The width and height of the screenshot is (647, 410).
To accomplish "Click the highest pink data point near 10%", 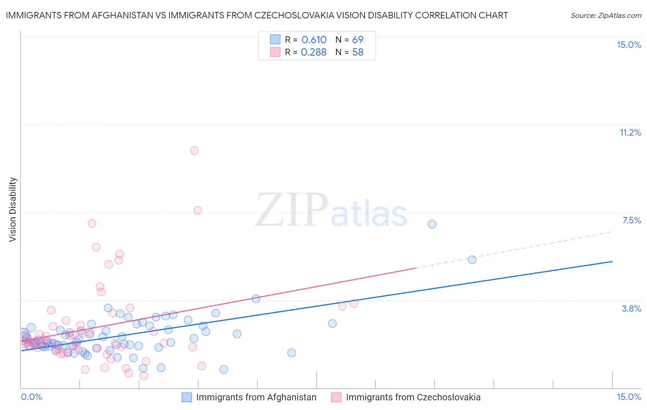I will tap(194, 150).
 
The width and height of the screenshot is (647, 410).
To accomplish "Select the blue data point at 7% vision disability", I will tap(432, 224).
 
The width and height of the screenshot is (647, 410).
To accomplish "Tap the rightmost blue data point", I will tap(472, 260).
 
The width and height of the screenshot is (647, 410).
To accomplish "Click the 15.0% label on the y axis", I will tap(629, 45).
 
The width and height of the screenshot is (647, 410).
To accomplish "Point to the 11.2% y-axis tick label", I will tap(630, 132).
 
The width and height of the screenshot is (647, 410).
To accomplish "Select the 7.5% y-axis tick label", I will tap(631, 220).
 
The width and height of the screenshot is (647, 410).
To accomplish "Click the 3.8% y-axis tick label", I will tap(631, 308).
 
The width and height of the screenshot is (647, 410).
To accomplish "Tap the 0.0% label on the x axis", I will tap(31, 397).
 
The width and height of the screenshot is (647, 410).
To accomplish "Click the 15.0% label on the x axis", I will tap(629, 397).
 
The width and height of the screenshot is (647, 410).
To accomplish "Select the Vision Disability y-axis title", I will tap(13, 210).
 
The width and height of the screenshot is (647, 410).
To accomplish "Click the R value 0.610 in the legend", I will tap(314, 40).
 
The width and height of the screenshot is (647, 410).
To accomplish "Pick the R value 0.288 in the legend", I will tap(313, 52).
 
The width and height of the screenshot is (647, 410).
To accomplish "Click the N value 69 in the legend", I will tap(358, 40).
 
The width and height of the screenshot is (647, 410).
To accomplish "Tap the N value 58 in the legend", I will tap(358, 52).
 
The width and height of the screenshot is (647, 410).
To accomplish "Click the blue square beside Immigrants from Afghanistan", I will tap(186, 397).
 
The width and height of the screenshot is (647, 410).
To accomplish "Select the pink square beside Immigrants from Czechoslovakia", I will tap(336, 397).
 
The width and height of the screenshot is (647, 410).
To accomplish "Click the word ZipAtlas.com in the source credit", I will tap(619, 15).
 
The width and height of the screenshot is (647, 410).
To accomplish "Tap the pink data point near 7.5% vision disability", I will tap(198, 210).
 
